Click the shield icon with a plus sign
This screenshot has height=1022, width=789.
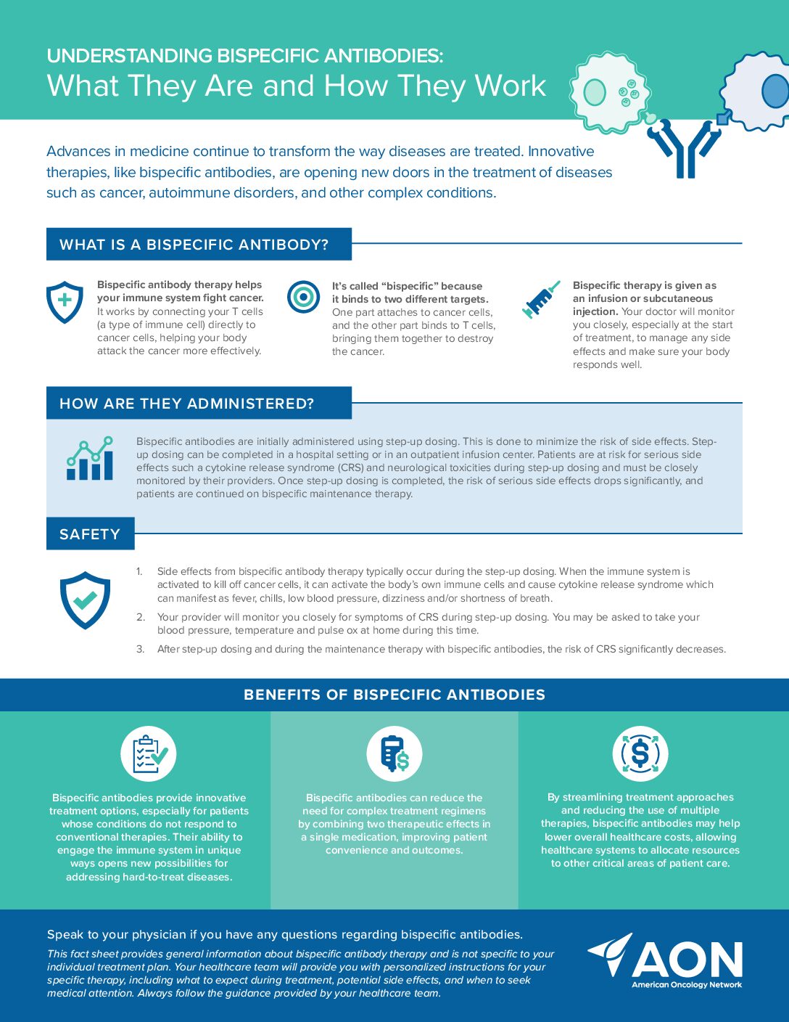click(x=65, y=301)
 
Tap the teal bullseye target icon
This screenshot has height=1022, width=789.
click(x=303, y=297)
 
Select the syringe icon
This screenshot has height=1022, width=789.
click(x=540, y=299)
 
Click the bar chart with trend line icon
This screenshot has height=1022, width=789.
click(x=90, y=459)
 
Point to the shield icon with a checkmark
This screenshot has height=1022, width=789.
click(x=85, y=600)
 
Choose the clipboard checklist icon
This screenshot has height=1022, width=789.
click(x=149, y=753)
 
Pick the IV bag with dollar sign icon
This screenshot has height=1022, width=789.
click(x=394, y=753)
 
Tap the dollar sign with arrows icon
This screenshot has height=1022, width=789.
click(x=640, y=753)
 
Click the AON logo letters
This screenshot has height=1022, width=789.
click(x=687, y=960)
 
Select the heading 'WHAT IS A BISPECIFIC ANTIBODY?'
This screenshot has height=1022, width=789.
click(x=194, y=245)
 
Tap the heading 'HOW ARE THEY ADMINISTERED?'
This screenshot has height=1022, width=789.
click(x=187, y=404)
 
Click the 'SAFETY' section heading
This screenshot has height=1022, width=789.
click(x=90, y=534)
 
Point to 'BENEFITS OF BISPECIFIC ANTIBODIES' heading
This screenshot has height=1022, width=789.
click(x=394, y=695)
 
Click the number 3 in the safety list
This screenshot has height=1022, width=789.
click(x=140, y=649)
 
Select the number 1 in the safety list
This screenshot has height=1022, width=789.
click(x=139, y=571)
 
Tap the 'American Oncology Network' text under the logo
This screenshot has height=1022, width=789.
click(x=687, y=985)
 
